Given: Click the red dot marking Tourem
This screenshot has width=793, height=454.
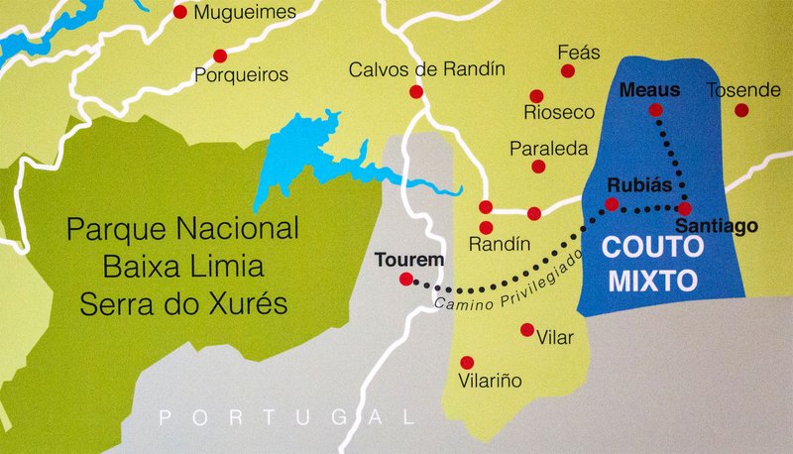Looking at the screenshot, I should click(405, 280).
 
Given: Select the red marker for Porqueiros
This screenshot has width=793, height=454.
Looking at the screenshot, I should click(220, 55).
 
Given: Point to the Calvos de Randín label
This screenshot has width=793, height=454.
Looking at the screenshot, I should click(426, 69).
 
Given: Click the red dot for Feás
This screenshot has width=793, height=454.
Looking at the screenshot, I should click(568, 71).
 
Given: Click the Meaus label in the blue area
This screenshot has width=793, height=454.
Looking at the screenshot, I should click(649, 90).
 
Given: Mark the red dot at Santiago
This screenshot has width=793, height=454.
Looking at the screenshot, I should click(685, 208).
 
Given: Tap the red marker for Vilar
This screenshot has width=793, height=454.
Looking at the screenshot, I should click(526, 330).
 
